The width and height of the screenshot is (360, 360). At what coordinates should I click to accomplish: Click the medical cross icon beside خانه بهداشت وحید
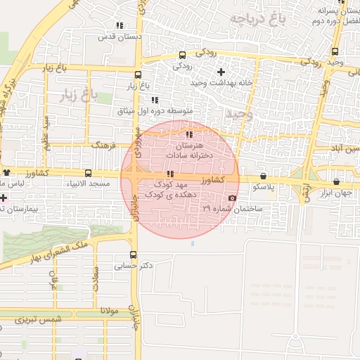[x=221, y=72]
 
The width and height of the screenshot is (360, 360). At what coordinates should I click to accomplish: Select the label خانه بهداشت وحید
[x=208, y=83]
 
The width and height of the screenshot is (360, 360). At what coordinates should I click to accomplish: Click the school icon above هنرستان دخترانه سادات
[x=188, y=134]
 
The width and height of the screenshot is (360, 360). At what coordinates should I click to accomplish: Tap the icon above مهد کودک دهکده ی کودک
[x=169, y=174]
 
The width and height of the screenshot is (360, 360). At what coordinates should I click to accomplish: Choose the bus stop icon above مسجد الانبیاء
[x=88, y=173]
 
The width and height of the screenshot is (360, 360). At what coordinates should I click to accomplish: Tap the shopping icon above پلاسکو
[x=263, y=176]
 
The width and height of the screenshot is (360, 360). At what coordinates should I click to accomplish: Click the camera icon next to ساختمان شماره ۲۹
[x=233, y=198]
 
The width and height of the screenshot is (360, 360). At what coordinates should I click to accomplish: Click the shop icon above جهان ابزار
[x=336, y=181]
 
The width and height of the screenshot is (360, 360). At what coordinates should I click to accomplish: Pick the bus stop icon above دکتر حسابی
[x=134, y=255]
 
